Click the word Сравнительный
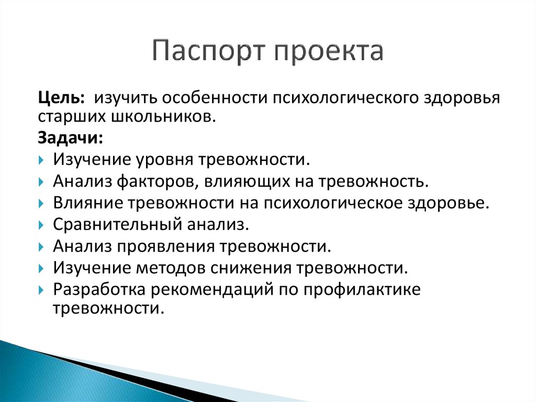point(116,225)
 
